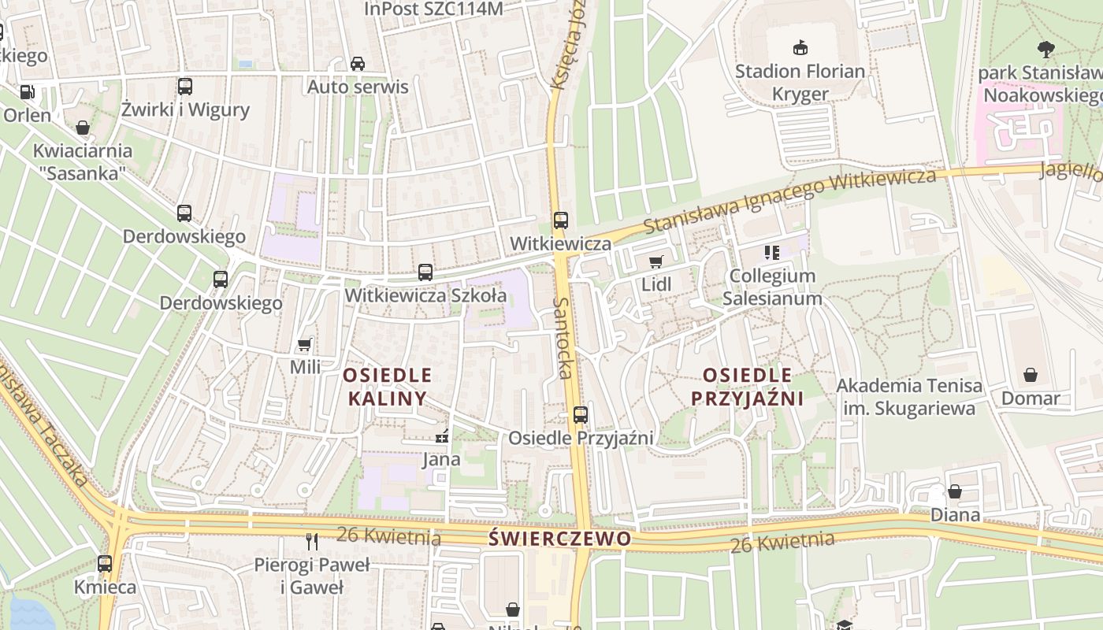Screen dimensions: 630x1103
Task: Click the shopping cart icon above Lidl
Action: [x=655, y=262]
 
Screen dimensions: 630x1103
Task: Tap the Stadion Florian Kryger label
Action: [x=800, y=83]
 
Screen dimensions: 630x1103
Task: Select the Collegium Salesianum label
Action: [x=772, y=287]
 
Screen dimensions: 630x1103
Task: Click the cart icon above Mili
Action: [x=304, y=345]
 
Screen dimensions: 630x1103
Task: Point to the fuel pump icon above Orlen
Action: [x=27, y=92]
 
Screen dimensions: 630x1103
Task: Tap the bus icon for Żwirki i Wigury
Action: [x=185, y=87]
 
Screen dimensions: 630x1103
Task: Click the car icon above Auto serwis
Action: [x=358, y=64]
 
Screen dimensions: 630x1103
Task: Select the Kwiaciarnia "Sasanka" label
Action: [x=83, y=161]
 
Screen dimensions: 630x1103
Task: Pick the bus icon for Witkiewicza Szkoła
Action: [x=425, y=272]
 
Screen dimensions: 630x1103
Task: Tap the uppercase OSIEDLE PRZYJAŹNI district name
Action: [x=747, y=387]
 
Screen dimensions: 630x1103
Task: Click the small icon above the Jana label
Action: [x=442, y=435]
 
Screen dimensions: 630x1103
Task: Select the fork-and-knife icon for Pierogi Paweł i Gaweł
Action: [x=312, y=541]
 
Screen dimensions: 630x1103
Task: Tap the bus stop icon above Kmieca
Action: [x=105, y=564]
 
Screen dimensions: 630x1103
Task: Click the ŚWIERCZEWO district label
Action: [x=559, y=539]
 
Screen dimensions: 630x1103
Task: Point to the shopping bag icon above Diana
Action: [x=955, y=492]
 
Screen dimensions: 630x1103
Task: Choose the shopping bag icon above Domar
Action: [x=1031, y=375]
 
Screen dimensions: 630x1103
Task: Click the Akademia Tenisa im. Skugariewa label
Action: [x=909, y=397]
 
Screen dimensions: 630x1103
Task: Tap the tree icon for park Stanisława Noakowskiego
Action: [x=1046, y=50]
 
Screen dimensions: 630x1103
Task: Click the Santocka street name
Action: [x=563, y=338]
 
